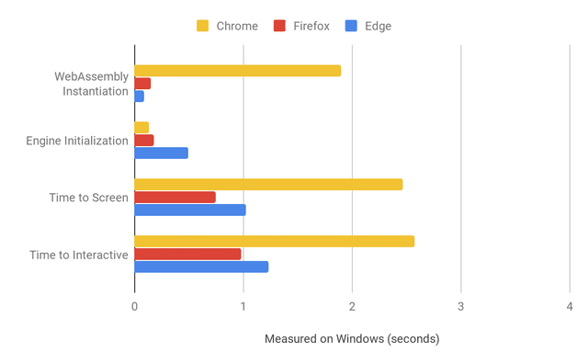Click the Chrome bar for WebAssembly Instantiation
point(237,71)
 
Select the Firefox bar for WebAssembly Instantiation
point(142,84)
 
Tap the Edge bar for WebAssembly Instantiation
point(139,96)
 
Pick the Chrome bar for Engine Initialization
point(141,128)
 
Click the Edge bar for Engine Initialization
point(161,153)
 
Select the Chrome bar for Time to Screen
point(268,185)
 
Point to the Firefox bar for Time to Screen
point(175,197)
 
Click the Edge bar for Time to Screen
point(190,210)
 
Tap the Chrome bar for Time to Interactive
point(274,242)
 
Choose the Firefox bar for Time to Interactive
point(187,254)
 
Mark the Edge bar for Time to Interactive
point(201,267)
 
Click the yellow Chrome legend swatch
point(202,26)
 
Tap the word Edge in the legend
point(377,26)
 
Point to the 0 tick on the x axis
point(135,308)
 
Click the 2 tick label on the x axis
point(352,308)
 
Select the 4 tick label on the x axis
point(570,308)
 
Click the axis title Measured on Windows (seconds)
point(352,339)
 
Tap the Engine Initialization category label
point(77,141)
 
